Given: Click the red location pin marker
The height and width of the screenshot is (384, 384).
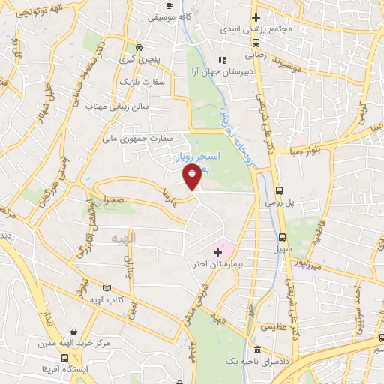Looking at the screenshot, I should click(x=192, y=177).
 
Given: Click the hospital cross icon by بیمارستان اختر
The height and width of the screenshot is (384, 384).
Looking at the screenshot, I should click(x=217, y=251).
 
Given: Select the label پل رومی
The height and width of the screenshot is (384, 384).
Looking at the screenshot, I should click(x=276, y=202).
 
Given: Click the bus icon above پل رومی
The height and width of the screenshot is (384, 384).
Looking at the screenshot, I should click(x=280, y=190).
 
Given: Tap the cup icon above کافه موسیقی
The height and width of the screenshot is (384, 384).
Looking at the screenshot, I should click(x=169, y=5).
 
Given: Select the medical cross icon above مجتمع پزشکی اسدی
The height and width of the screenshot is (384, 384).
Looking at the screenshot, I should click(x=256, y=16).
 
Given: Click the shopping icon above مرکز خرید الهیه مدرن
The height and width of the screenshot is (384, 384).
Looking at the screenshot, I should click(x=73, y=331).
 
